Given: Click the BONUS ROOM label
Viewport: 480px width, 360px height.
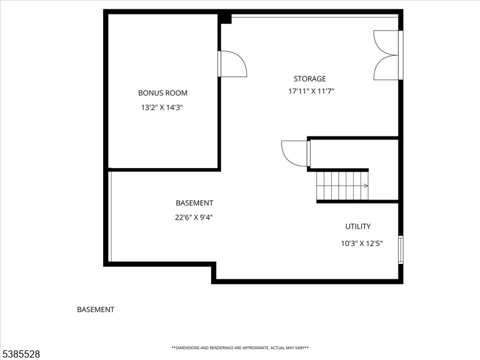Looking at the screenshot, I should coord(163,93).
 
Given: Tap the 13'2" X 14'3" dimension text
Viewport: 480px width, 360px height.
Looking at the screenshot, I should coord(163,108).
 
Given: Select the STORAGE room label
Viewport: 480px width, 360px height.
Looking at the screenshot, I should coord(310,79).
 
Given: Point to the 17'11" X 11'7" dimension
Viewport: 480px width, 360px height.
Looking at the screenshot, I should coord(311,92).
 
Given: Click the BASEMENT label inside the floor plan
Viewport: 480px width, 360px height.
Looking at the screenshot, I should coord(194,203).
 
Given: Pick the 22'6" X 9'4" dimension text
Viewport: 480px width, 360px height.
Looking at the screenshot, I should coord(194,218).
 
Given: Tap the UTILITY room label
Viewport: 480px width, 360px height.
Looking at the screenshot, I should coord(358,227).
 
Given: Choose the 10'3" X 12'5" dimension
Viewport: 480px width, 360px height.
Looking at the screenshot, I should coord(362,243).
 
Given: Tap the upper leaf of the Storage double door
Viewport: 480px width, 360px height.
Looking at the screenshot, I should coord(386,43).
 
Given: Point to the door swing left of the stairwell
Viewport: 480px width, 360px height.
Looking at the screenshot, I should coord(295,154).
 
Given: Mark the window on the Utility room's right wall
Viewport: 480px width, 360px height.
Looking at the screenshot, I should coord(401,250).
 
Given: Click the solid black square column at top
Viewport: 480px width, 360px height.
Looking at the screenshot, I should coord(225,18).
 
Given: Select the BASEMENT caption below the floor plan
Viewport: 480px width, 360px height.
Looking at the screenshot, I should coord(95,310).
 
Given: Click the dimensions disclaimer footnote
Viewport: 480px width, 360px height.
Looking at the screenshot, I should coord(240,348).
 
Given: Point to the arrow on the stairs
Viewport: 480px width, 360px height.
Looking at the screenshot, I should coord(365,186).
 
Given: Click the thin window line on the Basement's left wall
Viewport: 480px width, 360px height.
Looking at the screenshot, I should coord(110,216).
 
